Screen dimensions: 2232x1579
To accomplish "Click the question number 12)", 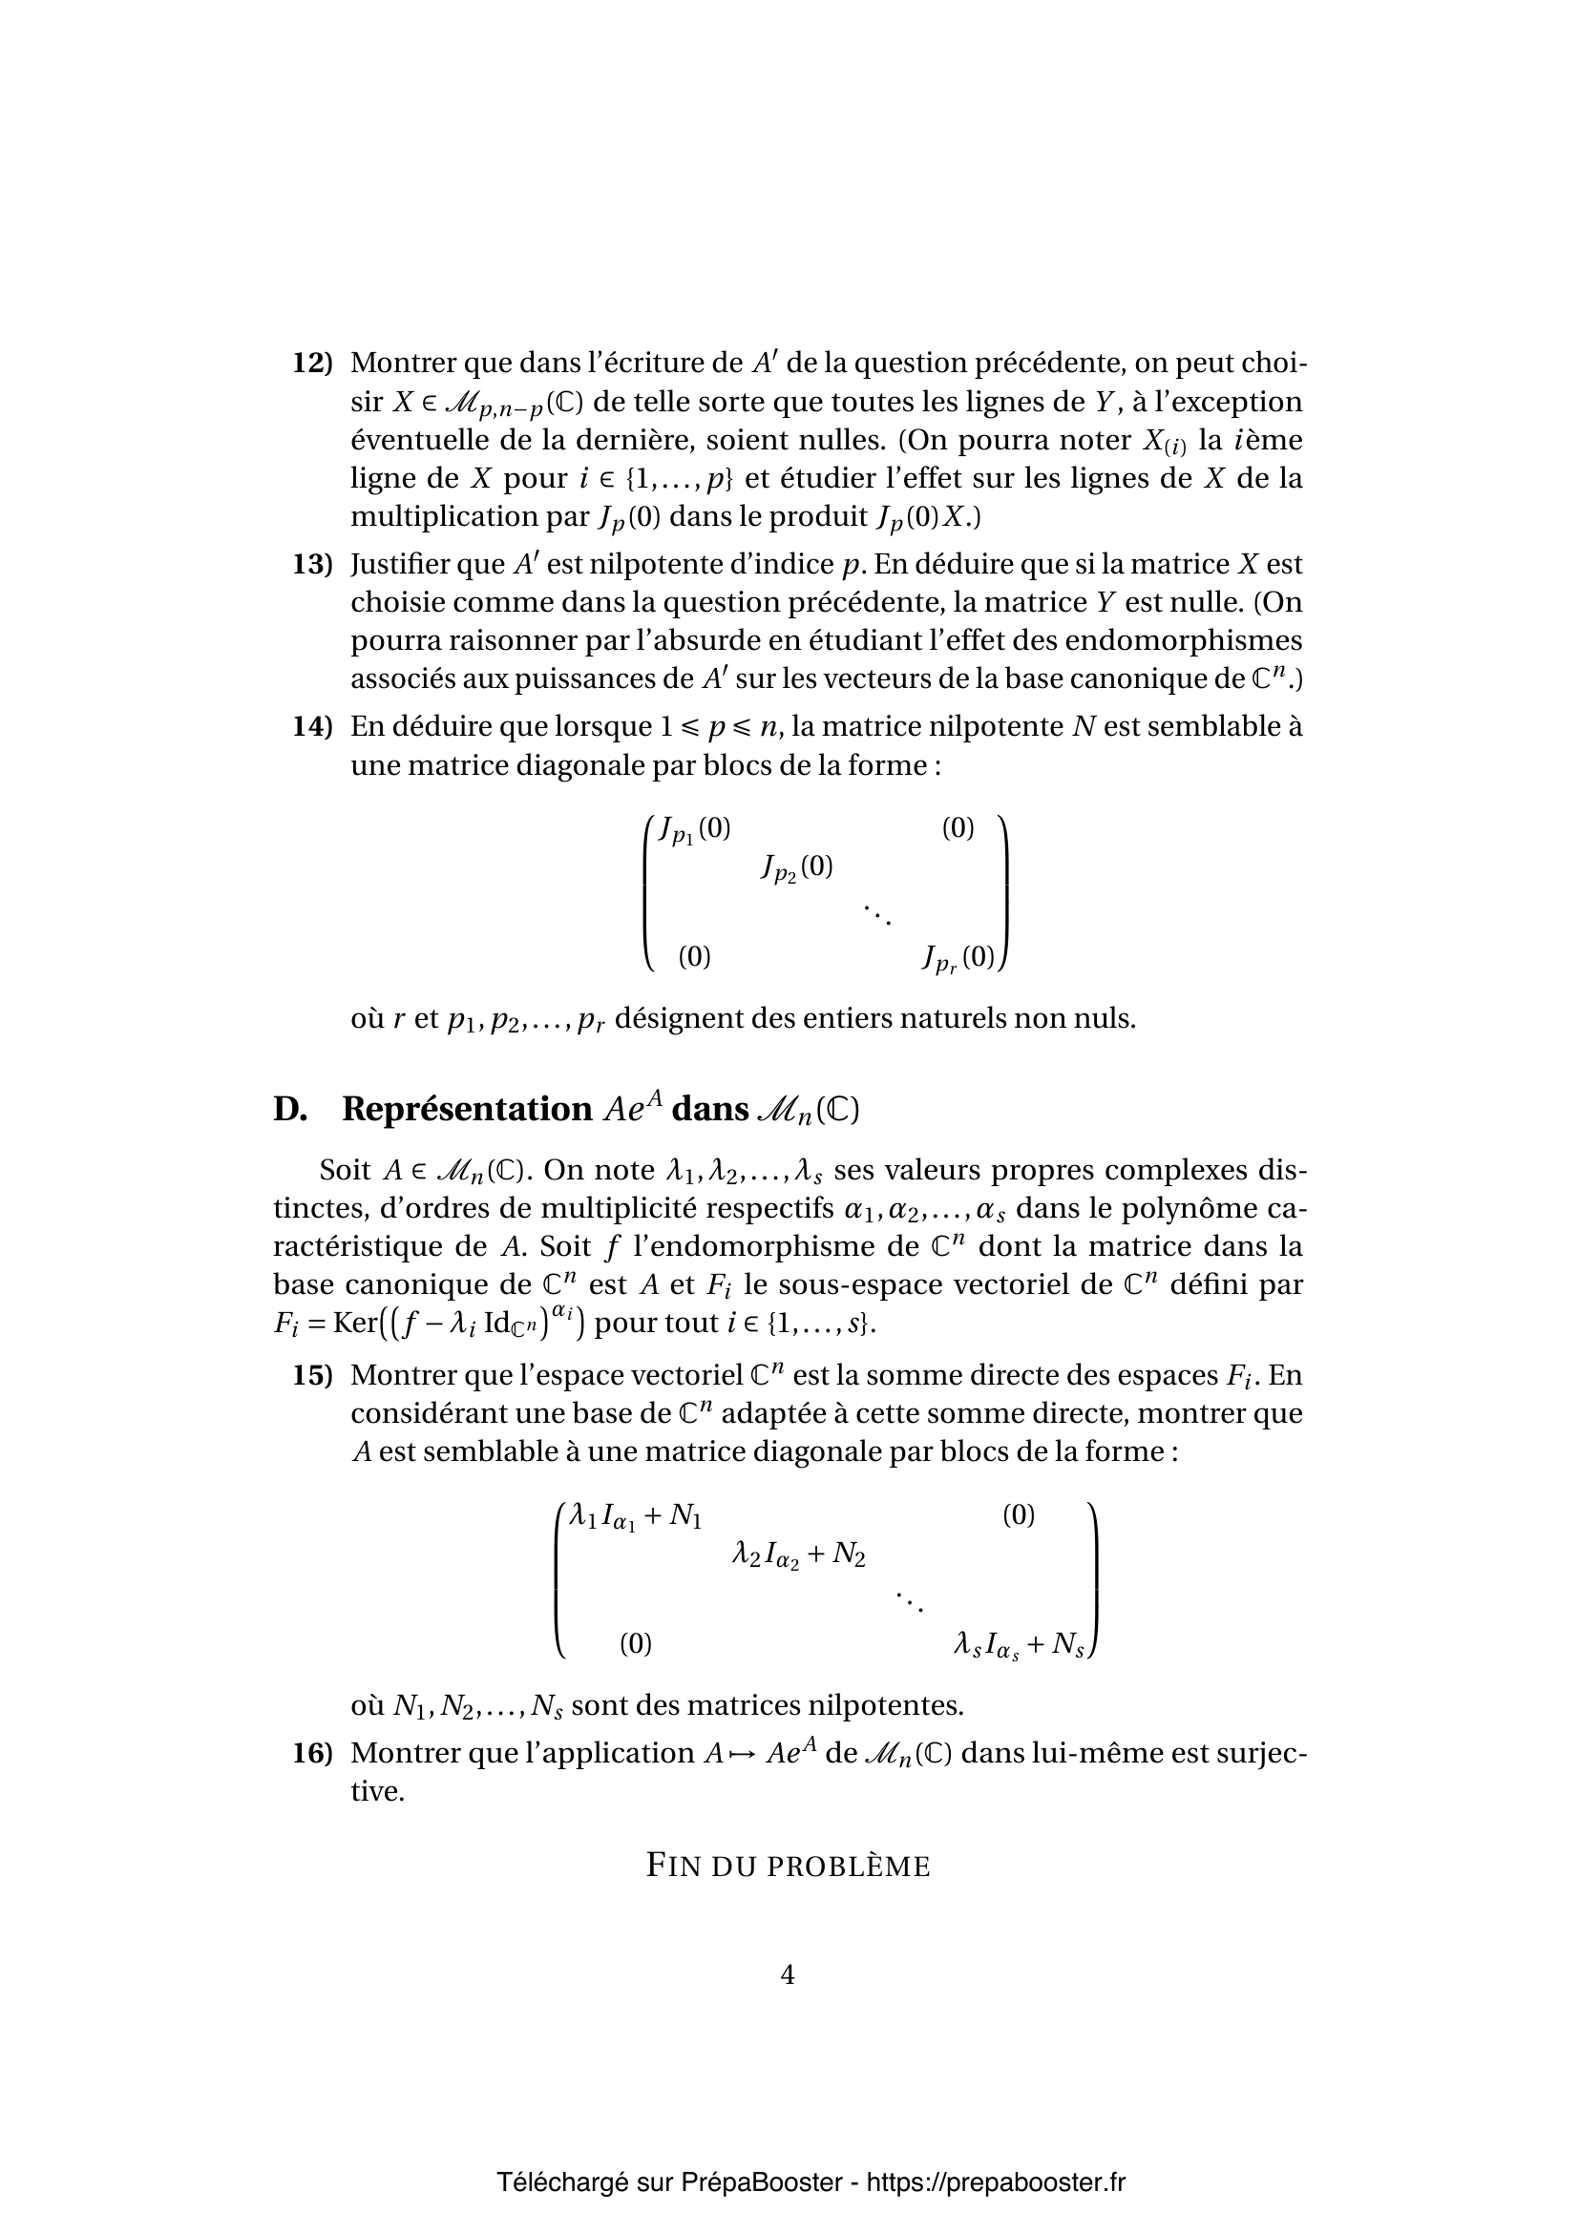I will click(312, 364).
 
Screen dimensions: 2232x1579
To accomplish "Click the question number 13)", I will click(312, 565).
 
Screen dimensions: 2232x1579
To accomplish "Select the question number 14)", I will click(312, 726).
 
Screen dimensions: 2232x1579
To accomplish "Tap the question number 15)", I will click(312, 1376).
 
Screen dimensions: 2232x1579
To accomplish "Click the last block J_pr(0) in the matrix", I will click(958, 958).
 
